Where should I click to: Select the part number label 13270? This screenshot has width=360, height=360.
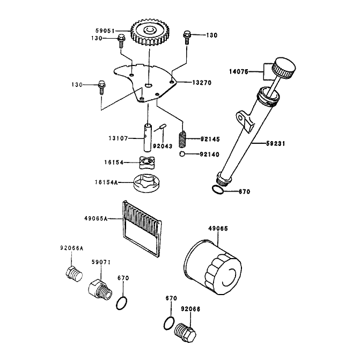pyautogui.click(x=202, y=83)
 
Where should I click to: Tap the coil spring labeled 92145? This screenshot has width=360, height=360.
pyautogui.click(x=182, y=139)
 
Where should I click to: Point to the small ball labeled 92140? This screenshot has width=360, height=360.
pyautogui.click(x=182, y=154)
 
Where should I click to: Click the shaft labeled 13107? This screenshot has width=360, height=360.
pyautogui.click(x=148, y=137)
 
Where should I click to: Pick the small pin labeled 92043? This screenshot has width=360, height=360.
pyautogui.click(x=163, y=126)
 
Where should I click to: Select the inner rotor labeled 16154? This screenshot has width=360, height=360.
pyautogui.click(x=147, y=163)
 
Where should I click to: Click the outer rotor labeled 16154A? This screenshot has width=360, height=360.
pyautogui.click(x=146, y=183)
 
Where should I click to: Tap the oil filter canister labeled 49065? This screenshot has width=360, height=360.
pyautogui.click(x=213, y=267)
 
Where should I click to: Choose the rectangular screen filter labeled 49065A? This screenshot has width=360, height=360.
pyautogui.click(x=142, y=228)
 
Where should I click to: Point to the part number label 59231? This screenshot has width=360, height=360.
pyautogui.click(x=276, y=143)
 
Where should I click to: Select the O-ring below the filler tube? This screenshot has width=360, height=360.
pyautogui.click(x=217, y=189)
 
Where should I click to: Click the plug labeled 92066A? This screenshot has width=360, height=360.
pyautogui.click(x=74, y=274)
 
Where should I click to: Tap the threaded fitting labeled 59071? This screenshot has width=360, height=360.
pyautogui.click(x=100, y=290)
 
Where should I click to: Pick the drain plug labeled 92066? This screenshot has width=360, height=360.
pyautogui.click(x=186, y=333)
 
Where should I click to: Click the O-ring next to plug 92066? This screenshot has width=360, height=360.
pyautogui.click(x=169, y=323)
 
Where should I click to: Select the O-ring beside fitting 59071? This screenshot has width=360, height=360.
pyautogui.click(x=122, y=303)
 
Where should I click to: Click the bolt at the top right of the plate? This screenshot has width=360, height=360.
pyautogui.click(x=187, y=38)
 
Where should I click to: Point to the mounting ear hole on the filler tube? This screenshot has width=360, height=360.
pyautogui.click(x=240, y=118)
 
